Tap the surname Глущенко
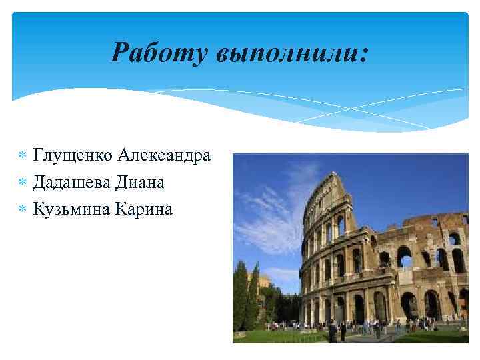[73, 156]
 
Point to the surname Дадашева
[72, 183]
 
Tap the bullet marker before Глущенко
[23, 157]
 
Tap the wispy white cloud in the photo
[267, 200]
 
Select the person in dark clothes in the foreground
[332, 331]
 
